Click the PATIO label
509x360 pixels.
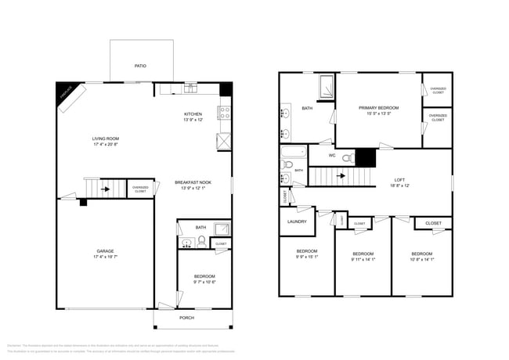click(140, 67)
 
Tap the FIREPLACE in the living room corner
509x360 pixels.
click(68, 94)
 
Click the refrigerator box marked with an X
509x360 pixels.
click(224, 142)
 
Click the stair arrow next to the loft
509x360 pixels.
click(341, 176)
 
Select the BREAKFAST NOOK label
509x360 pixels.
click(193, 182)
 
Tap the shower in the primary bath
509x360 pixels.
click(326, 85)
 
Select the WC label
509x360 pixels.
click(332, 156)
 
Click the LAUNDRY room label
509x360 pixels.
click(296, 221)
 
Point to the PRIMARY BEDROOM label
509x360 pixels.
click(379, 107)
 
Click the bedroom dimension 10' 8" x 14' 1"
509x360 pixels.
click(421, 259)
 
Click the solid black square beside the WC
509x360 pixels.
click(366, 157)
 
